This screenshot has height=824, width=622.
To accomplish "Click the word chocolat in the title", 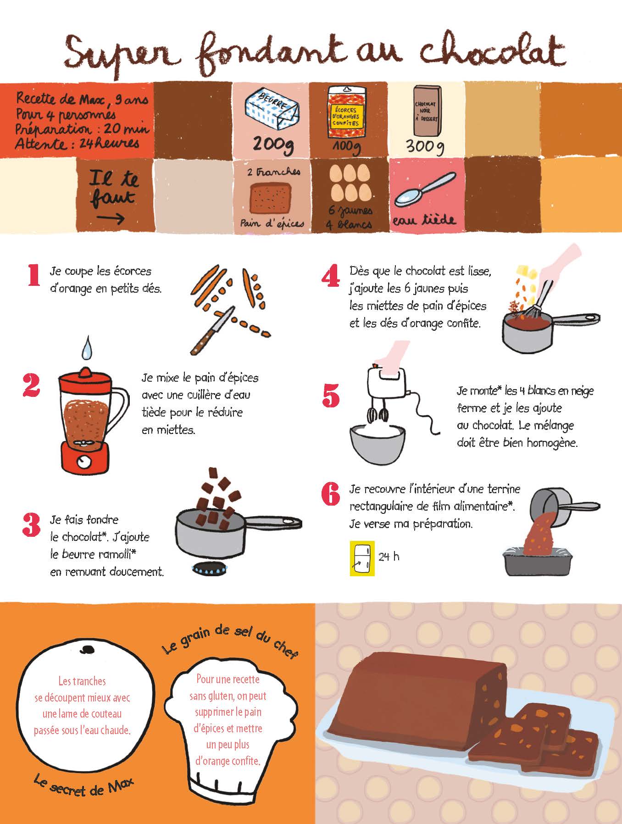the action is (492, 51).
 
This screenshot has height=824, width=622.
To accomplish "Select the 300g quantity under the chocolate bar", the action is (425, 146).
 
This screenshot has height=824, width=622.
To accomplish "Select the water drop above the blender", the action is (86, 348).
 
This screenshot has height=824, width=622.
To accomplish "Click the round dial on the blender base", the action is (84, 462).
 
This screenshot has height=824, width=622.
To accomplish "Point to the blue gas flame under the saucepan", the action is (208, 568).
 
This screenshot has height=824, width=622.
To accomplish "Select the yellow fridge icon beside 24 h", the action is (362, 558).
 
